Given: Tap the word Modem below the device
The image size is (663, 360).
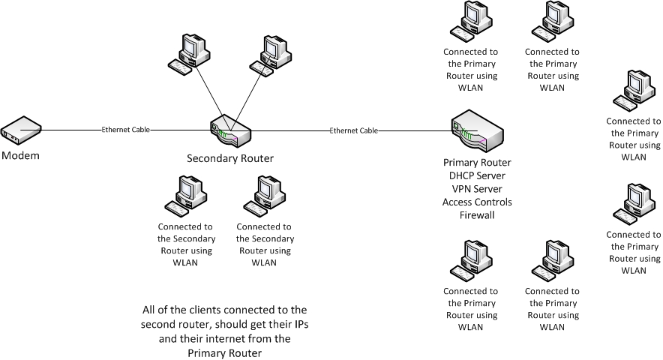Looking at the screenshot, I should pyautogui.click(x=20, y=155).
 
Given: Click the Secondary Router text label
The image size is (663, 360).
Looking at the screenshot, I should pyautogui.click(x=229, y=158).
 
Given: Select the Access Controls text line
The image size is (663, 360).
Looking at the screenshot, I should pyautogui.click(x=476, y=202).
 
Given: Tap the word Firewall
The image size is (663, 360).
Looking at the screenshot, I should pyautogui.click(x=476, y=216).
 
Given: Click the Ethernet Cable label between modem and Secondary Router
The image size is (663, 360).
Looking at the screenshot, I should pyautogui.click(x=126, y=130).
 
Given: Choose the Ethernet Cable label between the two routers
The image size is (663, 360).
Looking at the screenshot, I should pyautogui.click(x=353, y=131).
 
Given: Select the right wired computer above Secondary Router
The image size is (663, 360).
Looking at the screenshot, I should pyautogui.click(x=270, y=53).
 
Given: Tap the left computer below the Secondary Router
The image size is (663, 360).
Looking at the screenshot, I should pyautogui.click(x=184, y=196).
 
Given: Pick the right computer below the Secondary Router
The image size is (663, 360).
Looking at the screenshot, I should pyautogui.click(x=263, y=196).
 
